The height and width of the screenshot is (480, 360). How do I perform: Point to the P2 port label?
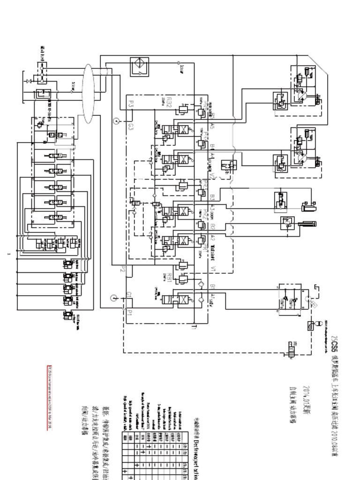tap(123, 269)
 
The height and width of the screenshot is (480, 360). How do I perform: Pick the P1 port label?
tap(130, 311)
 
